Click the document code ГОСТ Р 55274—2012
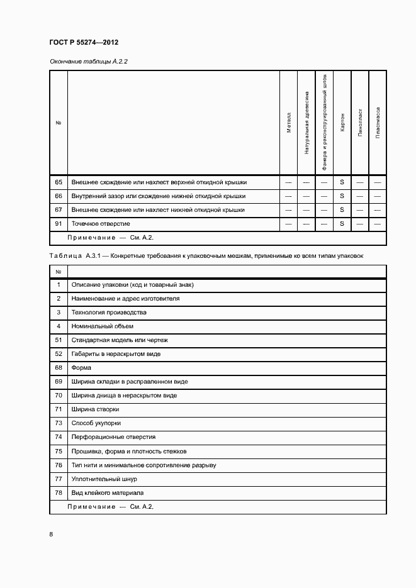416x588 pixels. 84,42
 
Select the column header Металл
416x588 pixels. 289,122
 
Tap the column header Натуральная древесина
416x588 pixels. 306,122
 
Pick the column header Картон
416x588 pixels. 342,122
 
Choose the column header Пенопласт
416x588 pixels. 360,122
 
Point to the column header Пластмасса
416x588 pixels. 378,122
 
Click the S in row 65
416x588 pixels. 342,182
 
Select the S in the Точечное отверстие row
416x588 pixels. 342,224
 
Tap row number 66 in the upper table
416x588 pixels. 59,196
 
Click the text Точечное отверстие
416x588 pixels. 101,224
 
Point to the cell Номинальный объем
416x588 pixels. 103,326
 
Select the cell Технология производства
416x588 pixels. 109,313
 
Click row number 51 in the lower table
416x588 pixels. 59,340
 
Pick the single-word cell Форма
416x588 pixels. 82,367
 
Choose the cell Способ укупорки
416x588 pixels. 96,423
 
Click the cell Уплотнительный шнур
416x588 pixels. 104,479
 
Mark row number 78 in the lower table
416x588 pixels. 59,493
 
